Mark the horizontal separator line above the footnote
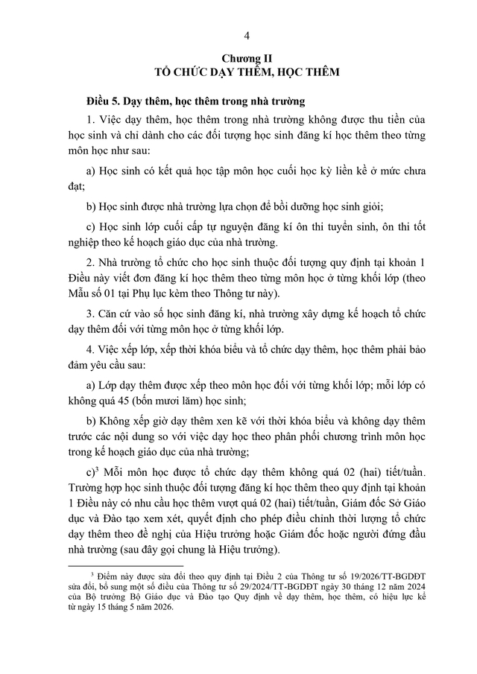click(x=111, y=566)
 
